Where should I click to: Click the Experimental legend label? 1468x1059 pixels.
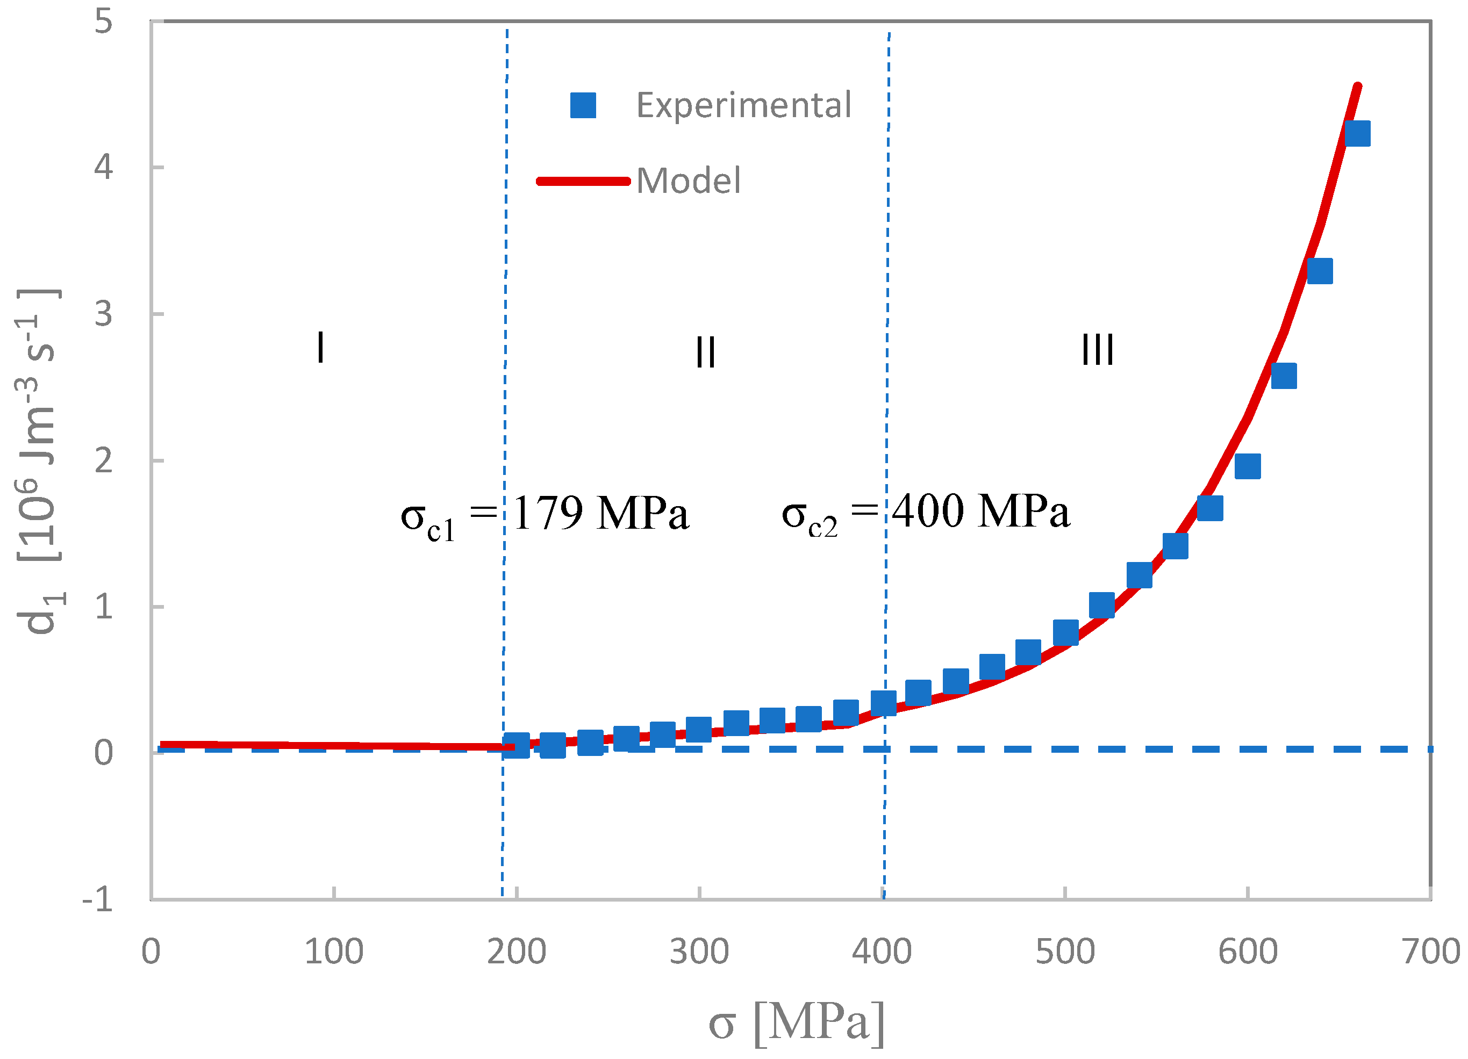coord(743,105)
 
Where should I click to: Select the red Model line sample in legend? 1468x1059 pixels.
coord(583,181)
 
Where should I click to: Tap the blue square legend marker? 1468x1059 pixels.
coord(583,105)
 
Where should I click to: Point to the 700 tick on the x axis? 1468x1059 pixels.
coord(1430,952)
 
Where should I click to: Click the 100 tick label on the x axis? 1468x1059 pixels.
coord(333,952)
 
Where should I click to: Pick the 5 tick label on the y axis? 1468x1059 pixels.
coord(104,22)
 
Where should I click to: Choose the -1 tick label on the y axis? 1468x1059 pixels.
coord(98,899)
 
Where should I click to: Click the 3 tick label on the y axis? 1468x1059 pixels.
coord(104,314)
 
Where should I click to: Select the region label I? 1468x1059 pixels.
coord(320,348)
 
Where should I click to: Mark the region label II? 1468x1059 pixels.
coord(706,352)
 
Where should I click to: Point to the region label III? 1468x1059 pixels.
coord(1098,350)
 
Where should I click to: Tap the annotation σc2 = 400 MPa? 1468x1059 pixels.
coord(926,513)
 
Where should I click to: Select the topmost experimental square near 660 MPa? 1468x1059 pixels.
coord(1357,134)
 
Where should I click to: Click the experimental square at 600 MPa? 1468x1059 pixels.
coord(1247,466)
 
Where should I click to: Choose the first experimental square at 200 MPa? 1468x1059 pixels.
coord(517,745)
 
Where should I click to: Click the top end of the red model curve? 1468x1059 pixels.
coord(1357,88)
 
